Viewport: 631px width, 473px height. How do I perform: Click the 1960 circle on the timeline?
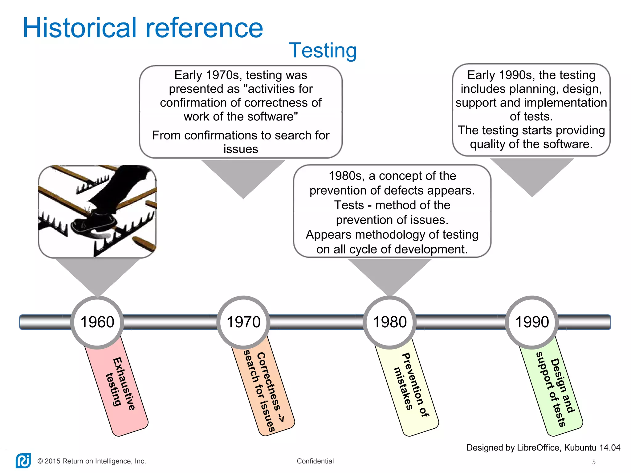(97, 322)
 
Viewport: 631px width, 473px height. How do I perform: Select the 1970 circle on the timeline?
(243, 322)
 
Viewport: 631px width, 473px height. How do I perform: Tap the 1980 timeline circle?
(390, 322)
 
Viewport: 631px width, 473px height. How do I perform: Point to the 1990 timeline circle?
(532, 322)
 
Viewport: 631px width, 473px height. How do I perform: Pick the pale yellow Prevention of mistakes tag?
(410, 388)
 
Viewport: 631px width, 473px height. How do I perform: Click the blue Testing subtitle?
(323, 50)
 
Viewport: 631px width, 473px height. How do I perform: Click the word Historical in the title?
(79, 28)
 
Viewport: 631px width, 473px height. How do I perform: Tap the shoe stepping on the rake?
(94, 222)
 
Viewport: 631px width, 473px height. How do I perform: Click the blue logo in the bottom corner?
(23, 461)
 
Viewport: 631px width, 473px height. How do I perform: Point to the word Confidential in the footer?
(315, 461)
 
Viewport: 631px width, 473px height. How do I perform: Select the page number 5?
(594, 462)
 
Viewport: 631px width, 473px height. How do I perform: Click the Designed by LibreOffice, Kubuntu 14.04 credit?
(543, 447)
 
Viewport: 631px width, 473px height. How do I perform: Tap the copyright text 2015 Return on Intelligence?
(92, 461)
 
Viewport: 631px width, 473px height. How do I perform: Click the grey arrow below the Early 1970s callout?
(243, 176)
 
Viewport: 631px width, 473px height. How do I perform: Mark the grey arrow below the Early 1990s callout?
(532, 174)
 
